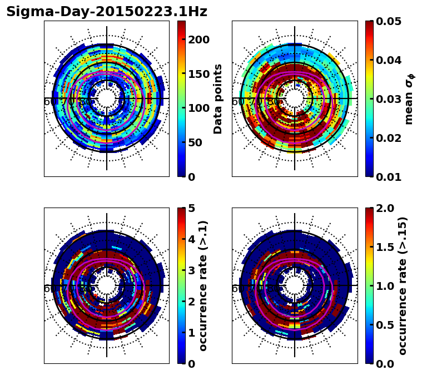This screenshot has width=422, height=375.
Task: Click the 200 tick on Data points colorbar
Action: (x=198, y=40)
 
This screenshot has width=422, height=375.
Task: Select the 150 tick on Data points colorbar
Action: (x=198, y=74)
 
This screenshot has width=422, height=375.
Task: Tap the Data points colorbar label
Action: (x=218, y=98)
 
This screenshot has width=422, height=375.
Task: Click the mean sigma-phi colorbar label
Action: (x=409, y=98)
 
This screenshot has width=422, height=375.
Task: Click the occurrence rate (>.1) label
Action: (x=203, y=285)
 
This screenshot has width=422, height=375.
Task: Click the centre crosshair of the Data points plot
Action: (x=107, y=98)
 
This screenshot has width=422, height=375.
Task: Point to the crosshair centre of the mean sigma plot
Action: (x=295, y=98)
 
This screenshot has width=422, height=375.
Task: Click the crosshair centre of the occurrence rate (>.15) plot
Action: (x=295, y=285)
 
